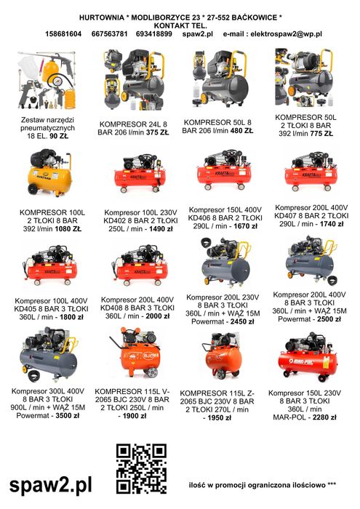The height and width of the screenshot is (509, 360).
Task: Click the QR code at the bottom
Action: [141, 468]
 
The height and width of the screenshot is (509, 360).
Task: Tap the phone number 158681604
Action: [63, 33]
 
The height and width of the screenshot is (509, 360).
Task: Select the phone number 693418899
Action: [154, 33]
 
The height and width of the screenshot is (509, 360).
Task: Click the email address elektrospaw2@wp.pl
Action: [287, 33]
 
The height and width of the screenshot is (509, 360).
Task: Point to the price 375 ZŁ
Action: [157, 132]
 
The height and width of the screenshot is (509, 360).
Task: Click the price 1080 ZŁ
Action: [68, 229]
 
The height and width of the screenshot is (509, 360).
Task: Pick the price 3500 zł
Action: [68, 415]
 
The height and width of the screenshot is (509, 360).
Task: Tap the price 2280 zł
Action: [324, 417]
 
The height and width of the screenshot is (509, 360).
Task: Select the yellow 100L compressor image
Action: [50, 173]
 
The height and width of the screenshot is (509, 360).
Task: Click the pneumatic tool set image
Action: [47, 81]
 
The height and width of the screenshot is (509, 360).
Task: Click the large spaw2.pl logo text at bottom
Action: [51, 485]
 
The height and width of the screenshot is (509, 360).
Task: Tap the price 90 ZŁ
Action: [59, 136]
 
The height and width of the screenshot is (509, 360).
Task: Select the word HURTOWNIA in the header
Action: [102, 17]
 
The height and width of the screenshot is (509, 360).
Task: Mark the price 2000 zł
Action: [157, 316]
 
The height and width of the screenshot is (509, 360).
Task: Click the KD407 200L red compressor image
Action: [311, 171]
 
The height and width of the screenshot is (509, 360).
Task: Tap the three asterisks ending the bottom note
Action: [332, 485]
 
